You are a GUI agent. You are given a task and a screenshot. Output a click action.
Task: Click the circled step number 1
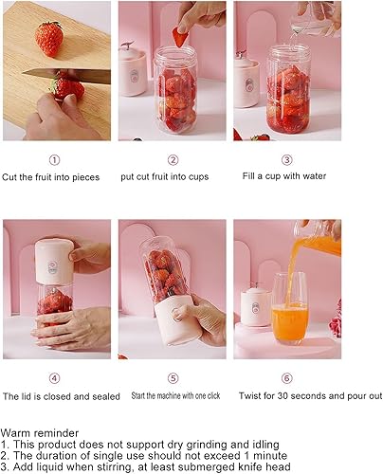[x=54, y=160]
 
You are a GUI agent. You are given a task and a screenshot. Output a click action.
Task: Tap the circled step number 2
[x=173, y=160]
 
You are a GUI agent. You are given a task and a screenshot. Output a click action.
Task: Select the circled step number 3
[x=286, y=160]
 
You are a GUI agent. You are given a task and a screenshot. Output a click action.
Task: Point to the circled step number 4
[x=54, y=378]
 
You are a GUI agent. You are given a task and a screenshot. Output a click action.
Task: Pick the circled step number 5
[x=173, y=378]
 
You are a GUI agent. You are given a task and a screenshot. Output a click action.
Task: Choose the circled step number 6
[x=286, y=378]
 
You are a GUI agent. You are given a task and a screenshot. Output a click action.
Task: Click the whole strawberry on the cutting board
[x=49, y=39]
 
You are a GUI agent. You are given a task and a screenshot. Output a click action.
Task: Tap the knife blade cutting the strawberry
[x=66, y=76]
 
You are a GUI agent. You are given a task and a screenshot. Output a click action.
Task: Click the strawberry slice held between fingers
[x=180, y=37]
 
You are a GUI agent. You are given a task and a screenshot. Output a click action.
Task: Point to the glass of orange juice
[x=289, y=308]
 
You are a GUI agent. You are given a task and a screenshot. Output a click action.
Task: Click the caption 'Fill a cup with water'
[x=284, y=176]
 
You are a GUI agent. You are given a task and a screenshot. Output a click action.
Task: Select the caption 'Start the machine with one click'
[x=175, y=395]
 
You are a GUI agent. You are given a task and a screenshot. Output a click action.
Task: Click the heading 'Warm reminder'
[x=40, y=433]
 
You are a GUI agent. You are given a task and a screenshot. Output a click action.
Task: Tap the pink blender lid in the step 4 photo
[x=54, y=262]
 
